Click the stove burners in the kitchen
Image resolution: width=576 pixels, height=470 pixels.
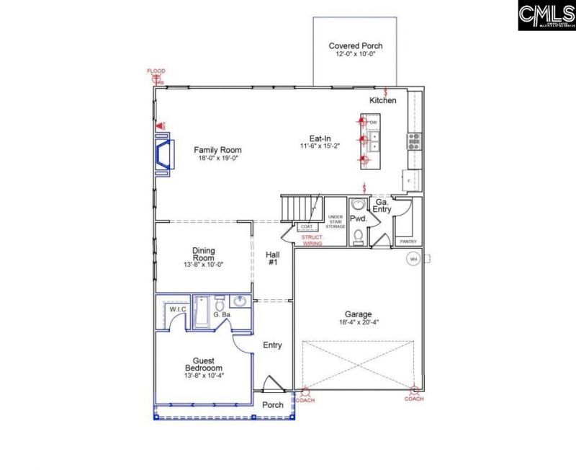[415, 140]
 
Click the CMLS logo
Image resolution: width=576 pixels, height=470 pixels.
[545, 15]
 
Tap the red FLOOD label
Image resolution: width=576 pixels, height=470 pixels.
[156, 71]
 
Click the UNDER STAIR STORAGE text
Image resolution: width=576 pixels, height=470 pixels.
[335, 221]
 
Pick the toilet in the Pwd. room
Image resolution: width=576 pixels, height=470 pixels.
[358, 235]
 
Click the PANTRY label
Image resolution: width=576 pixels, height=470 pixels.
[408, 241]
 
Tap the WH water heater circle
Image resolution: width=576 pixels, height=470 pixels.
[413, 259]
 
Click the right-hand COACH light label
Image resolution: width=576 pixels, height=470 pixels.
[414, 399]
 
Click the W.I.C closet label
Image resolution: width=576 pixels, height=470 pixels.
[178, 309]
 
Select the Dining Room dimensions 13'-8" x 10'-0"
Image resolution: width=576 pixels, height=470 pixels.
[203, 264]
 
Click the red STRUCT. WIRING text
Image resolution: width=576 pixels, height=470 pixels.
[312, 240]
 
